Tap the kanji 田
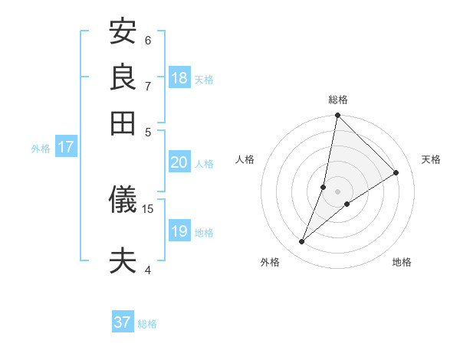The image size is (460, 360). [123, 122]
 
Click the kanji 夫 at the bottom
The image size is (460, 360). [123, 260]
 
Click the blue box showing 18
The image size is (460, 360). [179, 78]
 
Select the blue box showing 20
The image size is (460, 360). [179, 162]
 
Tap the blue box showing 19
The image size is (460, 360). [179, 231]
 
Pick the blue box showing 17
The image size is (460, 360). [65, 147]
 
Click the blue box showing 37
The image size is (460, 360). [123, 322]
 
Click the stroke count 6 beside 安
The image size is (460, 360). [148, 39]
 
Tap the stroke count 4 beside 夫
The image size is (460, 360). [148, 269]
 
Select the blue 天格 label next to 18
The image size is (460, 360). [204, 80]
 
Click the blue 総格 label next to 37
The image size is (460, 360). [147, 324]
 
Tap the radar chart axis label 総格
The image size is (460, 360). [338, 100]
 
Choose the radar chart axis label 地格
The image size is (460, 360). [402, 263]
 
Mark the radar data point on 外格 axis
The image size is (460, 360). [302, 242]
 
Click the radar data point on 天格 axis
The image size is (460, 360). [396, 173]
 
